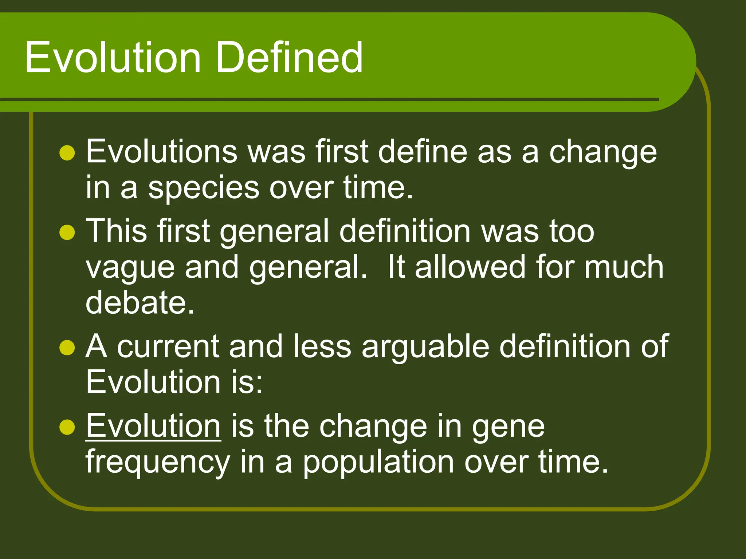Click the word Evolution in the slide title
tap(113, 58)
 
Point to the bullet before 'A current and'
tap(67, 348)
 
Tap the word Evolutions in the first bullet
tap(161, 152)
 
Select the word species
tap(204, 189)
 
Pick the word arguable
tap(425, 347)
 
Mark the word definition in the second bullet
tap(405, 231)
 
